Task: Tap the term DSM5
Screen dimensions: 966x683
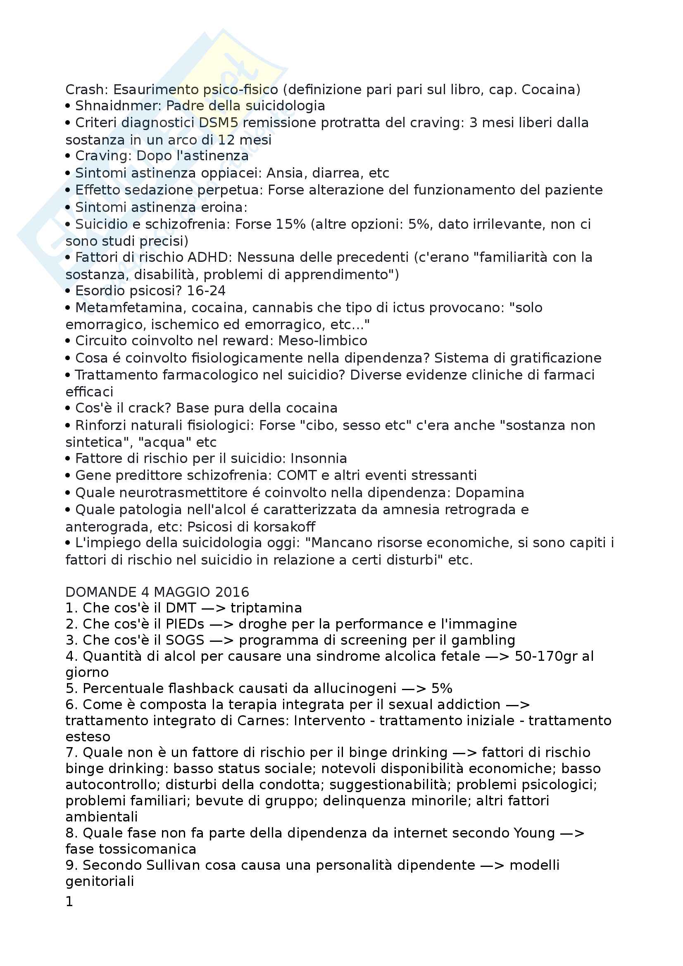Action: click(219, 123)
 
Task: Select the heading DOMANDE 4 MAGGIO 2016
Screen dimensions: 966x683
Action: click(157, 592)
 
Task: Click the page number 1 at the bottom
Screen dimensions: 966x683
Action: click(69, 902)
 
